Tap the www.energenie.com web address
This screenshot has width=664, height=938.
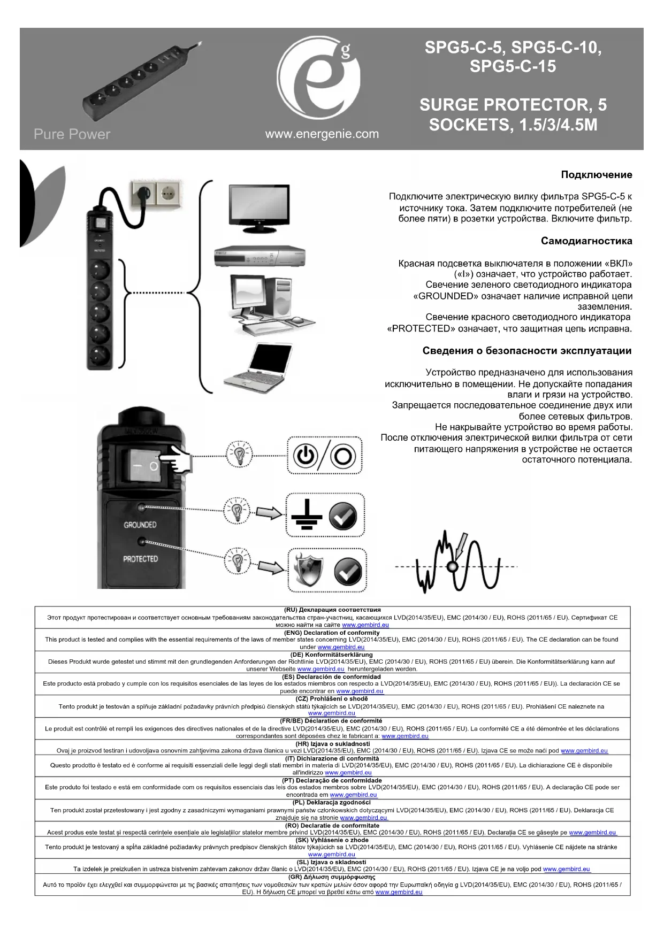[x=322, y=134]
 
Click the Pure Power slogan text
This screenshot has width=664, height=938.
[x=72, y=134]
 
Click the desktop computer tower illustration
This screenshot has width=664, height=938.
[x=270, y=302]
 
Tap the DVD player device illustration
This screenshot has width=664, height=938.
[x=259, y=257]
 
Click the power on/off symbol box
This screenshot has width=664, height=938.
[x=325, y=455]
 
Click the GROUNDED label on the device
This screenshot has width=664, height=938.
[x=140, y=525]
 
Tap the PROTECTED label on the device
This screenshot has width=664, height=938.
[x=140, y=559]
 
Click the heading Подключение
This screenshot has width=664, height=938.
[x=596, y=175]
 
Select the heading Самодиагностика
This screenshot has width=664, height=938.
[x=586, y=241]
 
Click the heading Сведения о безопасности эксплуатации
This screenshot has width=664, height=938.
[x=526, y=351]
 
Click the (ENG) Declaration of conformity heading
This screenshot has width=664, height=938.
[x=332, y=633]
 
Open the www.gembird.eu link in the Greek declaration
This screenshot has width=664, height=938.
[x=399, y=892]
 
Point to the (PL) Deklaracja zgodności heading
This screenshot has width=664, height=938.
[x=332, y=802]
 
